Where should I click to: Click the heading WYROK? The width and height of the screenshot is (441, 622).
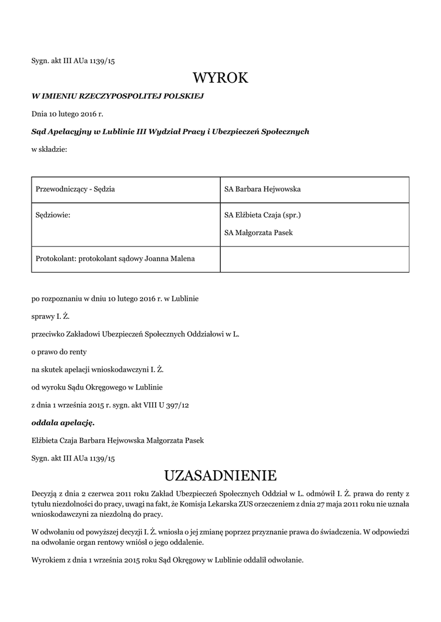220,78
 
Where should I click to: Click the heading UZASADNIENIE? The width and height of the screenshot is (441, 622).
220,474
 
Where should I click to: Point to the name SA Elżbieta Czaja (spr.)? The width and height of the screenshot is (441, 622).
262,215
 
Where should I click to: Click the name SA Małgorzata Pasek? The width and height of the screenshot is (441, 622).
259,233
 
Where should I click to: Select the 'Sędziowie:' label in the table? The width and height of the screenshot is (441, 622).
54,215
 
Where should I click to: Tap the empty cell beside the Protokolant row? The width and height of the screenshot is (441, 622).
314,259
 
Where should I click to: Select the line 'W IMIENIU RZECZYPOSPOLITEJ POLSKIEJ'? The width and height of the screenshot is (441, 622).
117,96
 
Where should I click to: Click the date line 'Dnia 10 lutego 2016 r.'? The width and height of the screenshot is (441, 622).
68,114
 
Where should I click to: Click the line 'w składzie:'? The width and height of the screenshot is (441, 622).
49,149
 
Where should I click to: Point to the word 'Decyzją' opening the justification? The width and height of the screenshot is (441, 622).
44,493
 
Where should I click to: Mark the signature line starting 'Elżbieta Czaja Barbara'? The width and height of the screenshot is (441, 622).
117,440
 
